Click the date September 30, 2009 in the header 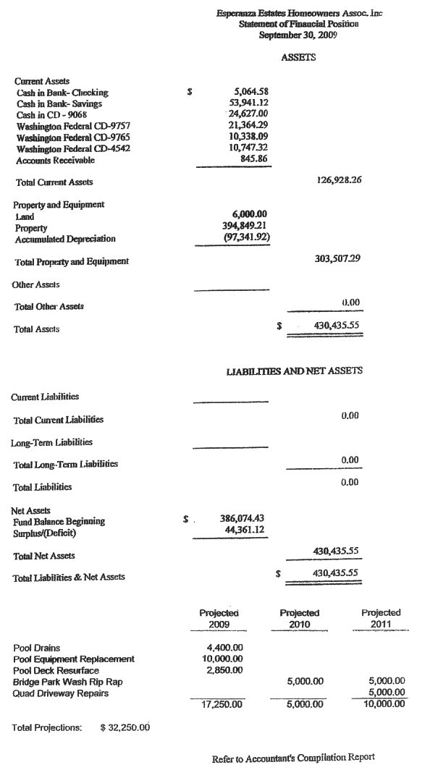pyautogui.click(x=298, y=35)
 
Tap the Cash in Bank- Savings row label pyautogui.click(x=62, y=103)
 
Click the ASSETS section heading pyautogui.click(x=298, y=57)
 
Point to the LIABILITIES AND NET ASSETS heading pyautogui.click(x=295, y=371)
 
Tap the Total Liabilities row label pyautogui.click(x=43, y=487)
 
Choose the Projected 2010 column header pyautogui.click(x=300, y=618)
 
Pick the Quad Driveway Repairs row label pyautogui.click(x=61, y=693)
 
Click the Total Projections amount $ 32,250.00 pyautogui.click(x=125, y=727)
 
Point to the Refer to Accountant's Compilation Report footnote pyautogui.click(x=293, y=758)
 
